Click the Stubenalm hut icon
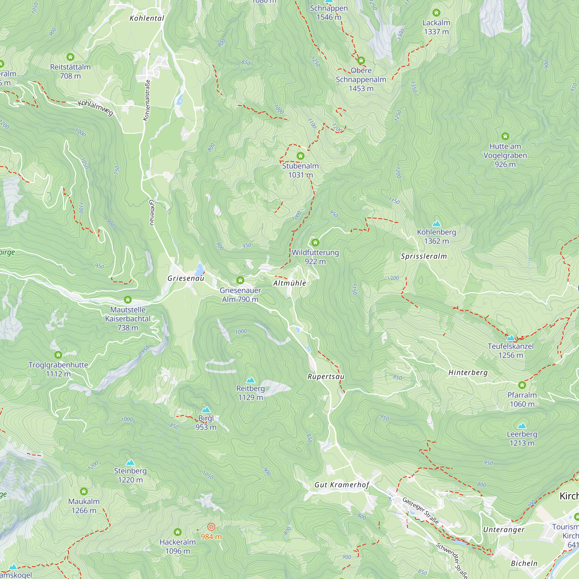[x=300, y=156]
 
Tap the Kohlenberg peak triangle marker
[x=436, y=223]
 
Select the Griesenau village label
[x=186, y=278]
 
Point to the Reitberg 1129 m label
[x=250, y=393]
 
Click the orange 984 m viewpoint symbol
[x=211, y=527]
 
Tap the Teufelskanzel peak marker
[x=510, y=338]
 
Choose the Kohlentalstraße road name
[x=146, y=100]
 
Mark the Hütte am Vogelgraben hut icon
[x=505, y=136]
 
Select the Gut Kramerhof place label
[x=342, y=485]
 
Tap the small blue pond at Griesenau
[x=199, y=270]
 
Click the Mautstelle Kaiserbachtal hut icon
[x=128, y=300]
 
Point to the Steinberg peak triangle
[x=130, y=462]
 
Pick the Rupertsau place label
[x=326, y=377]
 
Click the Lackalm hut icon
[x=436, y=12]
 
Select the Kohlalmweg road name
[x=95, y=108]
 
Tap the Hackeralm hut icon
[x=177, y=532]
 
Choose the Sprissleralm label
[x=424, y=256]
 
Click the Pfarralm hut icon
[x=522, y=385]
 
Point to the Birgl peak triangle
[x=206, y=410]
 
